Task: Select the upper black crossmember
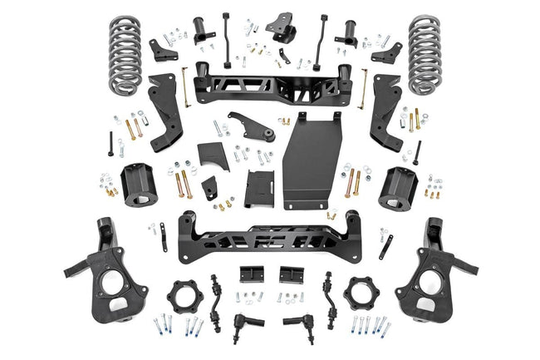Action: point(271,83)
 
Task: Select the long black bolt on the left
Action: point(110,143)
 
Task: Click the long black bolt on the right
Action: point(418,151)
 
